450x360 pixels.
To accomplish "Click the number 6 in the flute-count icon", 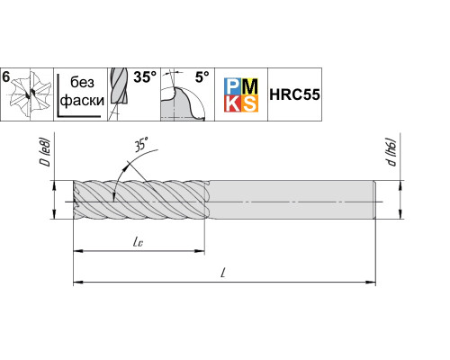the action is (x=6, y=77).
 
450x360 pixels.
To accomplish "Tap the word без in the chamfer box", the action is (x=82, y=82).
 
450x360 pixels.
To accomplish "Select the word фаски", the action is (x=82, y=101).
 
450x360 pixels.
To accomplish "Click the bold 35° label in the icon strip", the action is (x=145, y=77).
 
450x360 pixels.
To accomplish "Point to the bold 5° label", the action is (x=202, y=77).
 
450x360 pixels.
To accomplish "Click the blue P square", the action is (x=232, y=86).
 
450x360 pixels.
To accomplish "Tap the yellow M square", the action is (x=249, y=86).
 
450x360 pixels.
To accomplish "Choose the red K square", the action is (x=232, y=103).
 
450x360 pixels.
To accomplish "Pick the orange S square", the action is (x=249, y=103).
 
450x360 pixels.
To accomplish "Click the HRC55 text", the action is (x=294, y=94).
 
